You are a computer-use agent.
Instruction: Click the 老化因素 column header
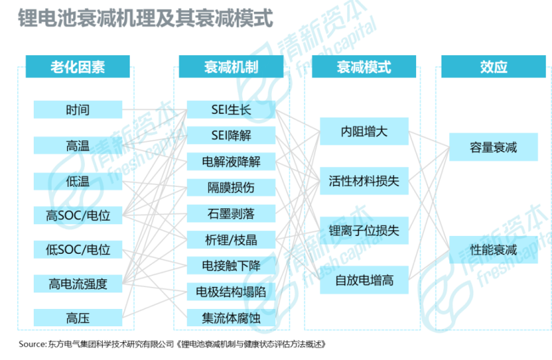(78, 67)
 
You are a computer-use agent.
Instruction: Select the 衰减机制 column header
(231, 67)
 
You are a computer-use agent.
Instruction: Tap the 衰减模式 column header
(364, 67)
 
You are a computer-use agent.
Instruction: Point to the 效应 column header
(493, 67)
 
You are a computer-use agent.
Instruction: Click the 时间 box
(78, 110)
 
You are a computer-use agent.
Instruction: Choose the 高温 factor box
(78, 146)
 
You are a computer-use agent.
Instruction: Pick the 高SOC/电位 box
(78, 216)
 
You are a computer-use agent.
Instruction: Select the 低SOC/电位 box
(78, 249)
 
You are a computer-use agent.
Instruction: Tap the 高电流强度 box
(78, 283)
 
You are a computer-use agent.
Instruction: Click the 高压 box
(78, 318)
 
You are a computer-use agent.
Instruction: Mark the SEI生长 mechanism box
(231, 110)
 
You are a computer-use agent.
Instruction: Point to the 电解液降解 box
(231, 162)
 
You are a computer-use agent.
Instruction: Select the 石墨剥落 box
(231, 213)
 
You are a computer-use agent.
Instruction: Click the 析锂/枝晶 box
(231, 239)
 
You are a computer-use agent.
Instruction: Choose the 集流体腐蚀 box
(231, 318)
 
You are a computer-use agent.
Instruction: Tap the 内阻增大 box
(364, 131)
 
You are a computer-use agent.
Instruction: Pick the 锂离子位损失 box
(364, 231)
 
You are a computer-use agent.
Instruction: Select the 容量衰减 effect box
(493, 148)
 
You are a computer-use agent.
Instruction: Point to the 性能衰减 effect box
(493, 250)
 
